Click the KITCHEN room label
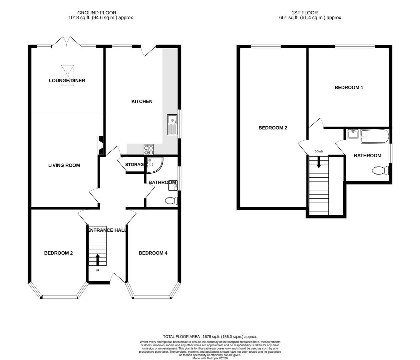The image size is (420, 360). [x=142, y=101]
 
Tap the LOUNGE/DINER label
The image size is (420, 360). [x=67, y=81]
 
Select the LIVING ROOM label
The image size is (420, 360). [x=64, y=165]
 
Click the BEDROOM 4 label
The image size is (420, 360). [x=153, y=253]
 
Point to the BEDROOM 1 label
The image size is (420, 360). [x=349, y=88]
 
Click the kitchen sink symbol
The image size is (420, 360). [x=172, y=124]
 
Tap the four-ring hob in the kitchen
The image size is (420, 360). [x=149, y=149]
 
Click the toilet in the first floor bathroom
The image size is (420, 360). [x=380, y=171]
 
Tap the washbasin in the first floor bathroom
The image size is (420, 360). [x=352, y=134]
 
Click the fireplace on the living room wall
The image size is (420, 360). [x=101, y=145]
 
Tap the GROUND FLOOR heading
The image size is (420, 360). [x=97, y=13]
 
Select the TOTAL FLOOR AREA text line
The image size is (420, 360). [x=210, y=337]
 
